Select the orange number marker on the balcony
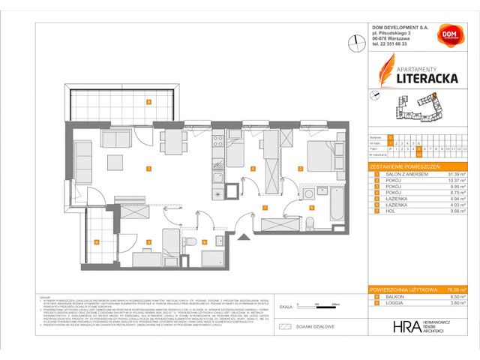[x=149, y=102]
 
